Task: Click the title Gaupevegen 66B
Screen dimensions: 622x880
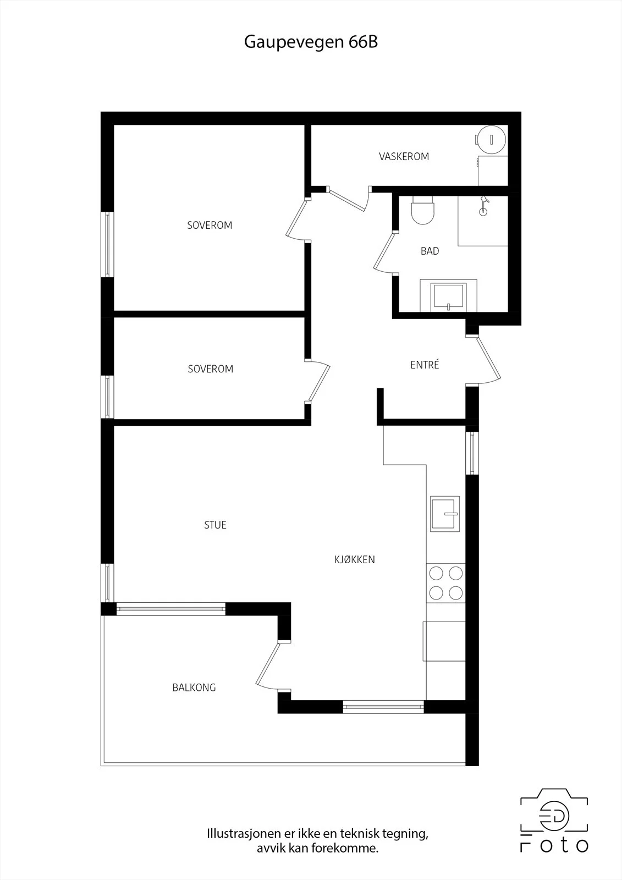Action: click(x=311, y=42)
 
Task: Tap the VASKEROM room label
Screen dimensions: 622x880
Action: click(x=404, y=157)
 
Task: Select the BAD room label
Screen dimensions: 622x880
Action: click(x=430, y=251)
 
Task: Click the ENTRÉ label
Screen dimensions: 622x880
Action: click(x=425, y=365)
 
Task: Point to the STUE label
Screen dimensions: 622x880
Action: click(x=216, y=525)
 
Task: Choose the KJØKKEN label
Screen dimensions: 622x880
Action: click(x=354, y=559)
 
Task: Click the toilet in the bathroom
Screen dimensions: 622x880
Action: click(x=423, y=210)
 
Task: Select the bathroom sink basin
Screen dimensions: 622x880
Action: click(x=448, y=296)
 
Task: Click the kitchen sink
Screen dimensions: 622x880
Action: click(x=445, y=514)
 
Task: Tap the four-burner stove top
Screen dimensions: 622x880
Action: click(x=446, y=583)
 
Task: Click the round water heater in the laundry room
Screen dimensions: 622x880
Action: click(x=491, y=139)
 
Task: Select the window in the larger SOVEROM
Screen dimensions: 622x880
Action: click(x=107, y=244)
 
